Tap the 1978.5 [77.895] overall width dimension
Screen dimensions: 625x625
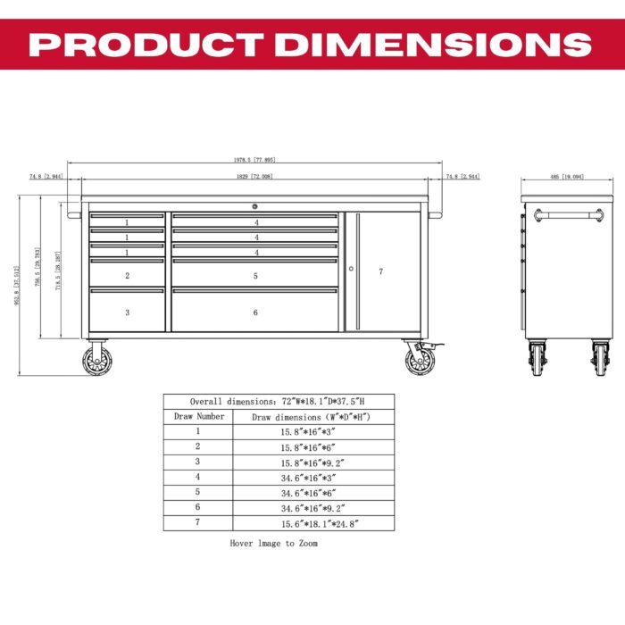[254, 161]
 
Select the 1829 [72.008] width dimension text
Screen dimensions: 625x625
[254, 177]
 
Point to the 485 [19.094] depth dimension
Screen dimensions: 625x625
[567, 177]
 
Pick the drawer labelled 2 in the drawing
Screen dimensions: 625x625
[127, 276]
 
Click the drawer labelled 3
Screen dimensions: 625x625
[127, 312]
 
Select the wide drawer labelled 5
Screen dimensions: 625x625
[255, 276]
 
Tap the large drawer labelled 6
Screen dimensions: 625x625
[255, 312]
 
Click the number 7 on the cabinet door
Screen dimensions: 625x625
[381, 271]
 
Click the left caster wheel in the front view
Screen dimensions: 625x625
[97, 360]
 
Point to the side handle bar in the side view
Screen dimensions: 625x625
[567, 214]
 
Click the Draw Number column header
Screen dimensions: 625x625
[197, 416]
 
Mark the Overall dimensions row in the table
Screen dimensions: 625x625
[279, 401]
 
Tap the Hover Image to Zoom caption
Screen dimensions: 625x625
[273, 543]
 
